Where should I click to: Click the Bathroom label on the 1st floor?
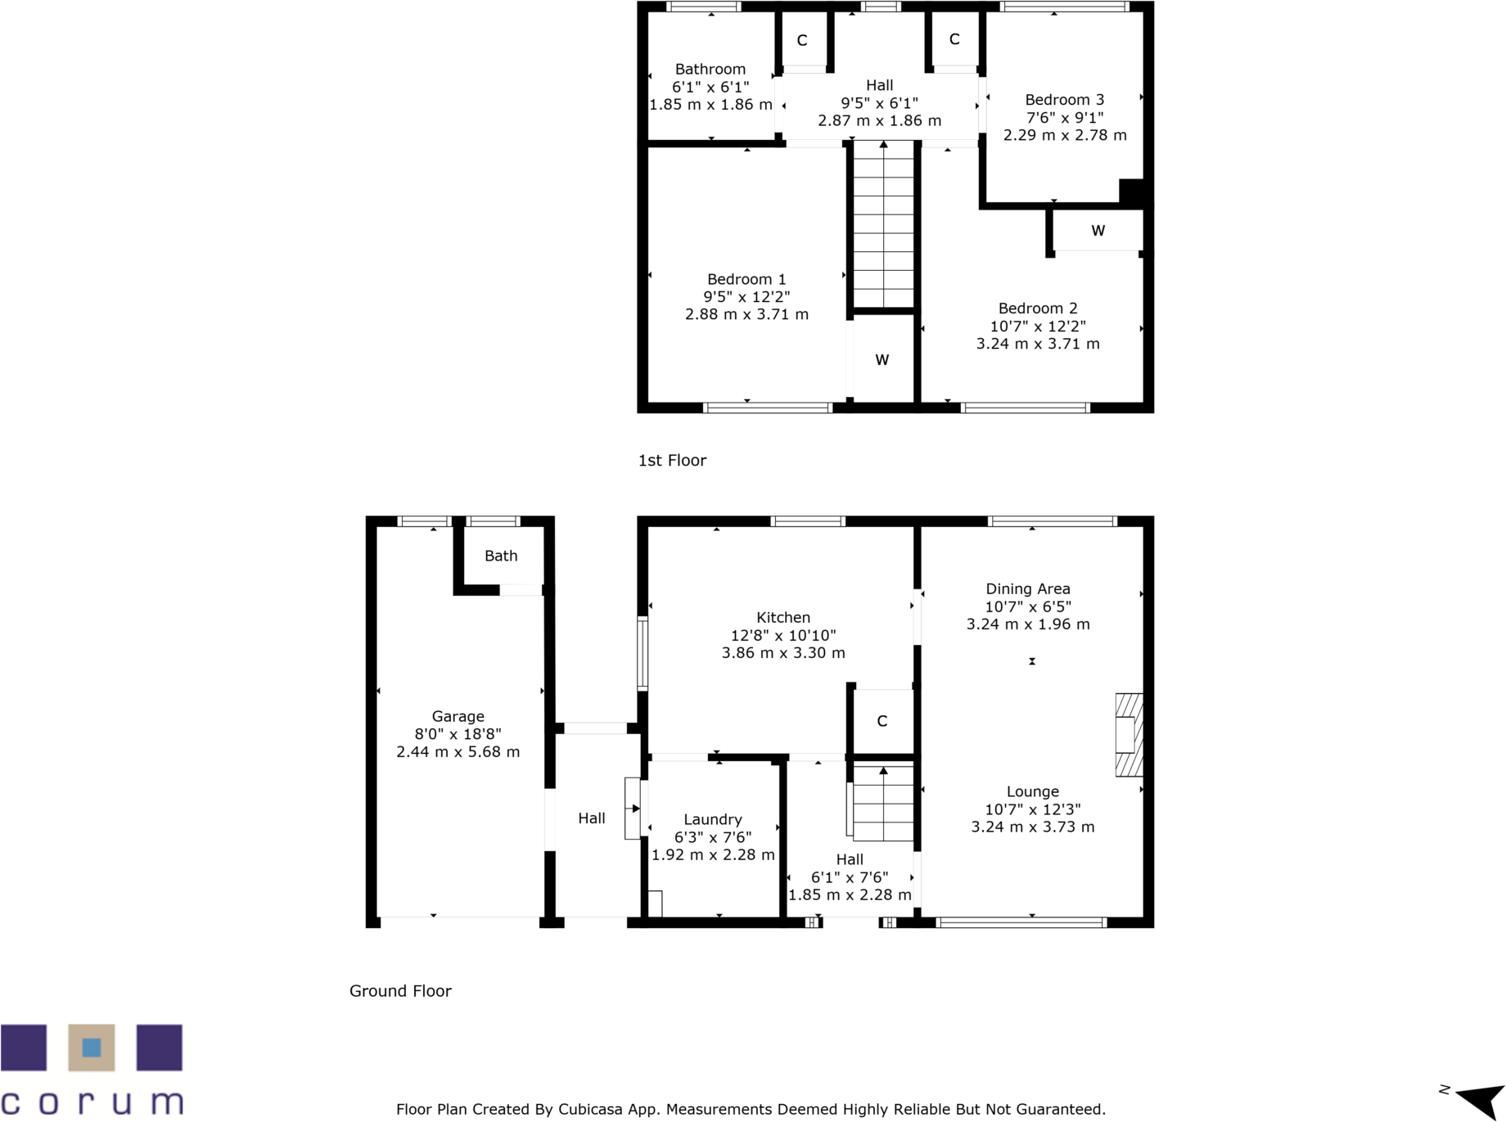click(x=710, y=70)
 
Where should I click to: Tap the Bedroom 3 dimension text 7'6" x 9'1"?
click(x=1065, y=117)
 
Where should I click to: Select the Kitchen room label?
click(x=783, y=618)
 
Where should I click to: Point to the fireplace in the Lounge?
click(x=1129, y=735)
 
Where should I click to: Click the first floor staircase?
click(x=883, y=225)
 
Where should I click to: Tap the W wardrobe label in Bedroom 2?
click(x=1098, y=231)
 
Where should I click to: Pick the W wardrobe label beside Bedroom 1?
click(x=882, y=360)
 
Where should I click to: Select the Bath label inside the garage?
click(x=501, y=556)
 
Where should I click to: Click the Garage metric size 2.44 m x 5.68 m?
click(x=458, y=752)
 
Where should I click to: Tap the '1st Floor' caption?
click(x=672, y=461)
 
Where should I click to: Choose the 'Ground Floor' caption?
click(x=400, y=991)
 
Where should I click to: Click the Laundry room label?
click(x=713, y=820)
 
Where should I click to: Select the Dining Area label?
click(x=1027, y=589)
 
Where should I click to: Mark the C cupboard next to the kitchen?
click(x=882, y=721)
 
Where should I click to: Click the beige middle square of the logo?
click(x=92, y=1048)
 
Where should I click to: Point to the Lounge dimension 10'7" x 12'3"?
click(x=1032, y=809)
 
